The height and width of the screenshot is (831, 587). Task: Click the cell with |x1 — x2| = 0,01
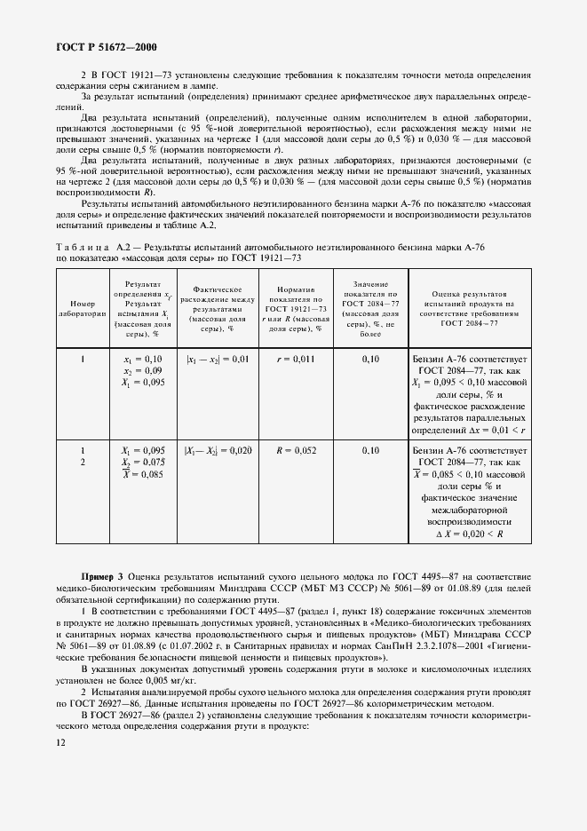pos(218,359)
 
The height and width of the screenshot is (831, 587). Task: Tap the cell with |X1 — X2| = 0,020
pos(218,450)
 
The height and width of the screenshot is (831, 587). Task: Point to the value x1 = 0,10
pos(143,359)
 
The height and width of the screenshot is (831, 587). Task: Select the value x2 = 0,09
pos(143,369)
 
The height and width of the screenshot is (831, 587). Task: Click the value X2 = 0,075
pos(143,462)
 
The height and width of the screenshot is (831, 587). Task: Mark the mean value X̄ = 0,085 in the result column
pos(143,474)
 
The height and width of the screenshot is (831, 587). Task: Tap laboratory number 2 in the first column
pos(82,463)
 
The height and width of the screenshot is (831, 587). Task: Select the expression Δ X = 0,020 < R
pos(470,534)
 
